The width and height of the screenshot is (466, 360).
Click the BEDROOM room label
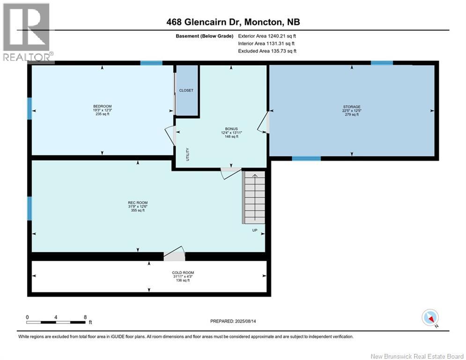[x=103, y=106]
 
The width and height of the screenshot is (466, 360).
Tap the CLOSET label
[x=186, y=90]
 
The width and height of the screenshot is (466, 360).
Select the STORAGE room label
[x=351, y=107]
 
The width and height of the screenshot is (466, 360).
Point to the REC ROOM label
[x=138, y=203]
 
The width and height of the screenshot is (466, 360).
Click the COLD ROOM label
[x=183, y=273]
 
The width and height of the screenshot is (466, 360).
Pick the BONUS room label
[x=230, y=129]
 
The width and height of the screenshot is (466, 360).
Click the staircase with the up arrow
[x=253, y=197]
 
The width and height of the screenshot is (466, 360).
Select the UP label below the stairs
[x=255, y=230]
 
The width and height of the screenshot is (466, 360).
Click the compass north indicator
[x=429, y=318]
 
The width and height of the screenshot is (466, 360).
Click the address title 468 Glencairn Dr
[x=233, y=22]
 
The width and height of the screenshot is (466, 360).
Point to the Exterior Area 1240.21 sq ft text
[x=267, y=36]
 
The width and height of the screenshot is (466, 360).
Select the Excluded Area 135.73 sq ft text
[x=267, y=51]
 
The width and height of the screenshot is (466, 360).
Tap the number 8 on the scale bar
[x=85, y=317]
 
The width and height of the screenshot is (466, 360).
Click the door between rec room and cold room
[x=174, y=255]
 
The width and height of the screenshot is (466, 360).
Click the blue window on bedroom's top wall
[x=151, y=63]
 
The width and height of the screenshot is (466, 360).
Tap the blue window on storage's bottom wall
[x=306, y=158]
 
